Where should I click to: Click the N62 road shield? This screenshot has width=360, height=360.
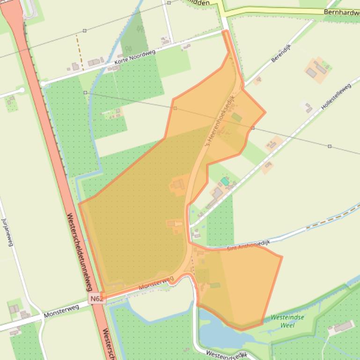96,299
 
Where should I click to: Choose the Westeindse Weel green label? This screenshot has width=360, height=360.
287,321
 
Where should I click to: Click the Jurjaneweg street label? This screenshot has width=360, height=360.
7,231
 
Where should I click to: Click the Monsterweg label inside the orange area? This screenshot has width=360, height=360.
156,282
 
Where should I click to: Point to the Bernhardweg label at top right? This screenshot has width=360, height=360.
341,13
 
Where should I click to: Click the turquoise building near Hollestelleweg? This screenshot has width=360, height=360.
225,181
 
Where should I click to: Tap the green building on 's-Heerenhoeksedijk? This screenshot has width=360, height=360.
237,117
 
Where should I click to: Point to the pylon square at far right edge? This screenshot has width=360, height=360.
330,146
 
